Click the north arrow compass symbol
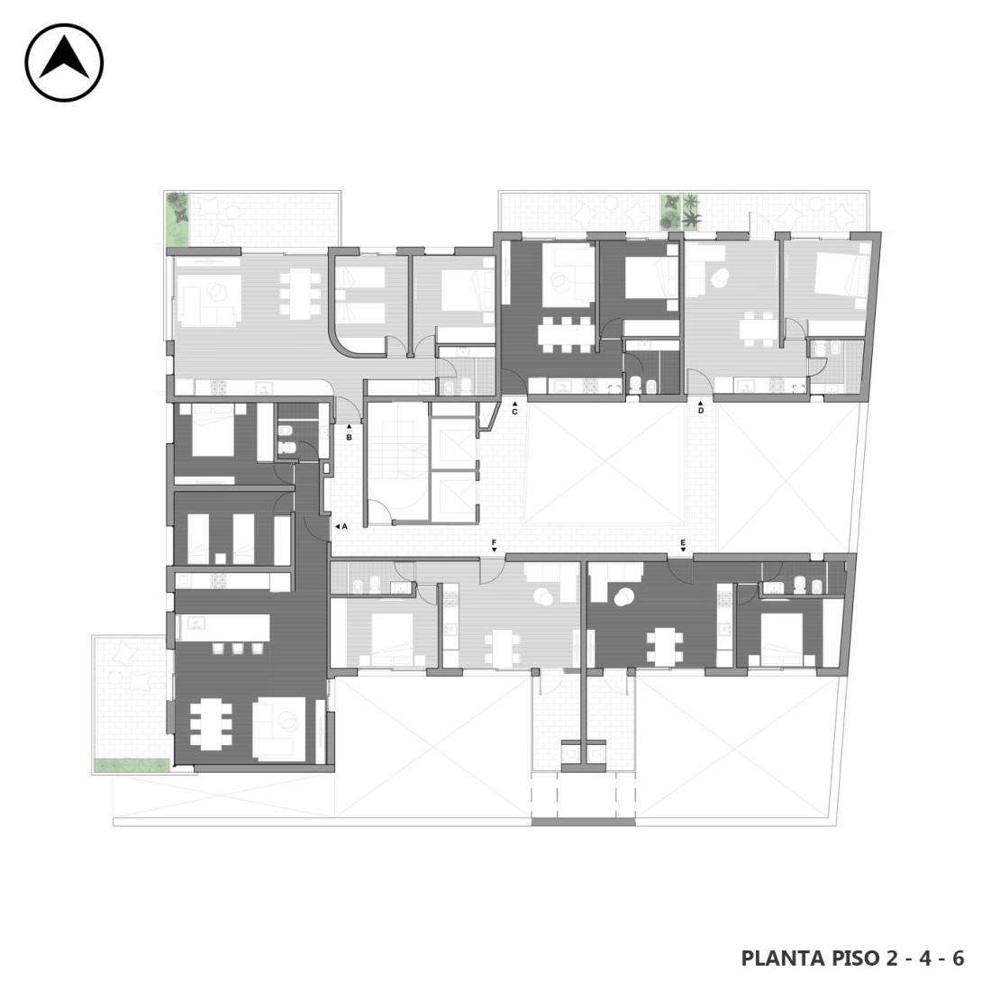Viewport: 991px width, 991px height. [64, 62]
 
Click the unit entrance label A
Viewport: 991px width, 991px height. [344, 526]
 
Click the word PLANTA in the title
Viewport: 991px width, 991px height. [779, 959]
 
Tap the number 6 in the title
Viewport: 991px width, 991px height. [958, 959]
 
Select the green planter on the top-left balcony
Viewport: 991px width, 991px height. [177, 219]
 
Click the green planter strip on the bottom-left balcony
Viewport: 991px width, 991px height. [132, 766]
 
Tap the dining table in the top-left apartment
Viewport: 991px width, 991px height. [300, 293]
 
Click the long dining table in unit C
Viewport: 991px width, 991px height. [566, 334]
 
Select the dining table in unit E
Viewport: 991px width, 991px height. [664, 647]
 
